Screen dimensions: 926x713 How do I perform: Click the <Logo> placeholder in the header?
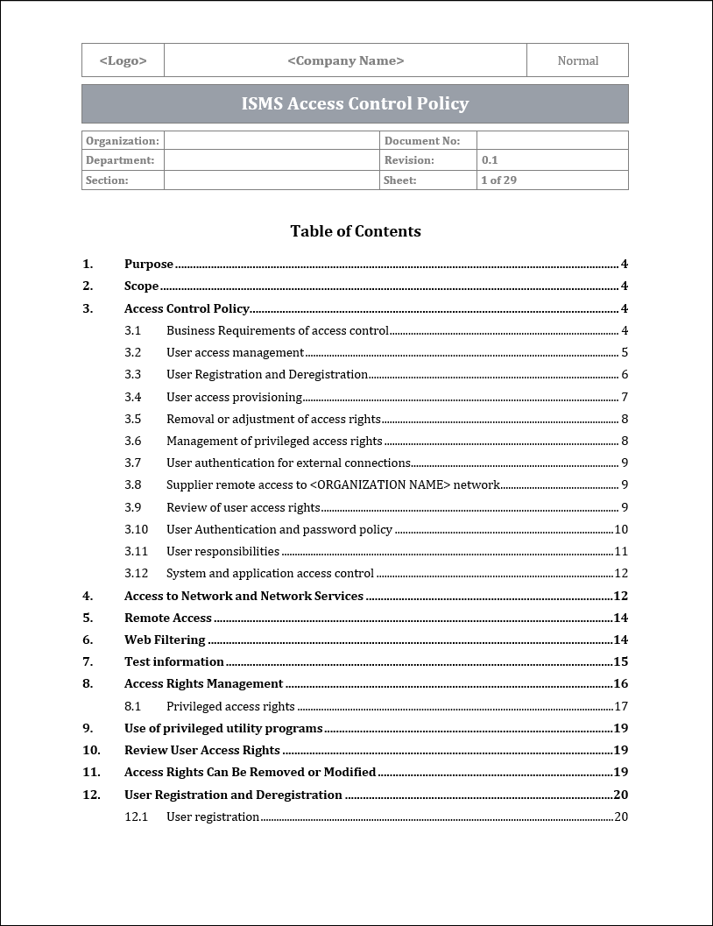(123, 60)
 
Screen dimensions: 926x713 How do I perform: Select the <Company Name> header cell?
(345, 60)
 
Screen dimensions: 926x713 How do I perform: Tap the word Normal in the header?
(577, 60)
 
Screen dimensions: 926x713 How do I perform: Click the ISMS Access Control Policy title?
(355, 103)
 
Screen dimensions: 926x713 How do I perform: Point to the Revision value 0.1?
(490, 160)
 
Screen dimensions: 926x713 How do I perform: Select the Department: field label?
(120, 160)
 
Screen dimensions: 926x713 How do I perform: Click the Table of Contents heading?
(356, 231)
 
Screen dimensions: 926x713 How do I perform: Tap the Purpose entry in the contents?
(149, 264)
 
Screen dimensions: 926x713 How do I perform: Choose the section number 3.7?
(132, 463)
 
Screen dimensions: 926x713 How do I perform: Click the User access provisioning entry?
(234, 397)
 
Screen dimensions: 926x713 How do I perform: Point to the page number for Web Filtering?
(620, 640)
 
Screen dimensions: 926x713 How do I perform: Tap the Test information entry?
(174, 661)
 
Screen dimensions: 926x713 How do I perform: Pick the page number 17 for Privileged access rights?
(621, 706)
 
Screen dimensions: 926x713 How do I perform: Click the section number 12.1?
(136, 816)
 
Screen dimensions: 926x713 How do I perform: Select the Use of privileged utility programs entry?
(223, 728)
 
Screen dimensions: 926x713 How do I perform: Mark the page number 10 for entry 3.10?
(621, 529)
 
